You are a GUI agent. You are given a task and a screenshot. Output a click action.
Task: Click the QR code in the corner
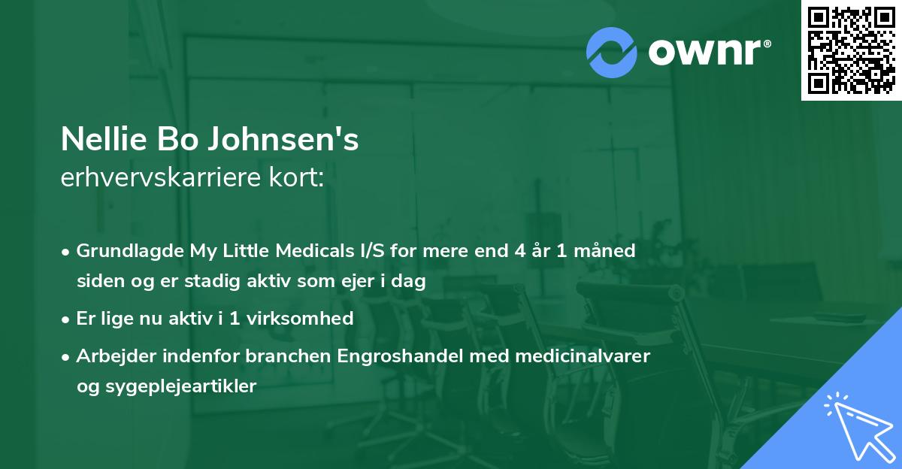click(x=852, y=50)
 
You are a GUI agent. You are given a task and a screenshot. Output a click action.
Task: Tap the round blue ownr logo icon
click(x=612, y=52)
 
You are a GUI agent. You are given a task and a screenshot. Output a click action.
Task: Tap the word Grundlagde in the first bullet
click(x=124, y=250)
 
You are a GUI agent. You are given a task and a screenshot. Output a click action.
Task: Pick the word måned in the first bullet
click(x=607, y=250)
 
